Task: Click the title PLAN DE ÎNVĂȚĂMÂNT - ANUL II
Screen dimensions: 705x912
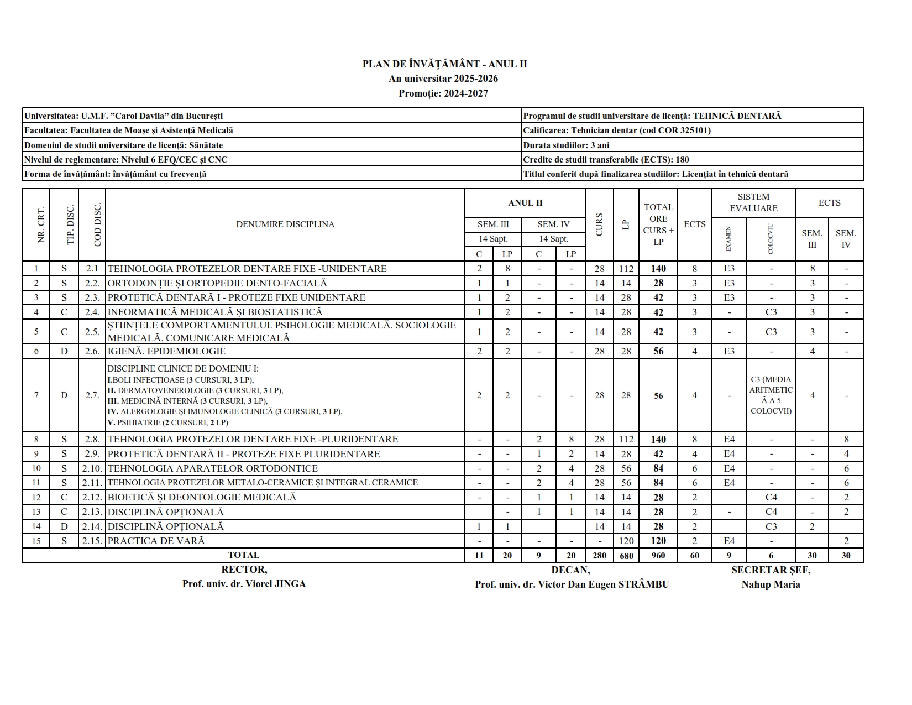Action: [x=444, y=64]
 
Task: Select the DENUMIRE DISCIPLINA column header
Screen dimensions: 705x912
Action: [x=285, y=224]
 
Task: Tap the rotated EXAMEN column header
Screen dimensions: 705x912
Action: [x=728, y=239]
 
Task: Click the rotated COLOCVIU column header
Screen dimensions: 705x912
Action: [x=771, y=239]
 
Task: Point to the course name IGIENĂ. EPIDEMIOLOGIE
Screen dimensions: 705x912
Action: [x=166, y=351]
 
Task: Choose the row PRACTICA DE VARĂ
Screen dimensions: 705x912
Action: [x=156, y=541]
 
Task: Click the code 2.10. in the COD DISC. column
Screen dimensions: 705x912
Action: [x=92, y=468]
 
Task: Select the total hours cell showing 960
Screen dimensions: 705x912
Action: [x=658, y=555]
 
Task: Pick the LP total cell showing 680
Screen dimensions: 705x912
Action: [x=626, y=556]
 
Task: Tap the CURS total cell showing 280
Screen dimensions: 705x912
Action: [x=599, y=556]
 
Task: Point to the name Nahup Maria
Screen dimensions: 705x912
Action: [x=771, y=584]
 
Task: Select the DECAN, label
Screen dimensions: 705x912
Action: [x=570, y=570]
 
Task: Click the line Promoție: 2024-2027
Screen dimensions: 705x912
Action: [x=443, y=93]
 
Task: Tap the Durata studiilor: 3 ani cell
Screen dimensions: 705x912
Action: [x=566, y=145]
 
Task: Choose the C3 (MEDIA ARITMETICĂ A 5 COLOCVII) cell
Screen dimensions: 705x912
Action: [x=771, y=395]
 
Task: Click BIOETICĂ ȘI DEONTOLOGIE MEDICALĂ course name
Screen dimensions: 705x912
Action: [x=202, y=497]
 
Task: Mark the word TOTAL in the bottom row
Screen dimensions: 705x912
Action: [x=243, y=555]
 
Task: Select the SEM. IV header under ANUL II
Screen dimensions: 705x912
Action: [x=553, y=224]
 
